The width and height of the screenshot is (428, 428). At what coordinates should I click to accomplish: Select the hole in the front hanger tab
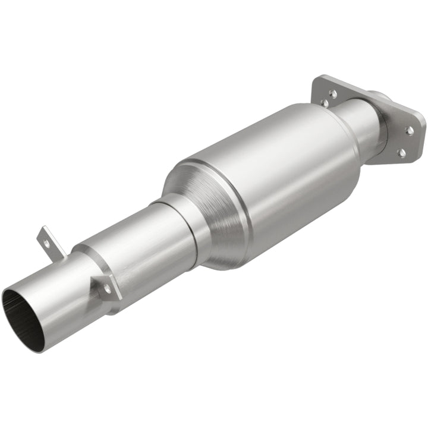(108, 288)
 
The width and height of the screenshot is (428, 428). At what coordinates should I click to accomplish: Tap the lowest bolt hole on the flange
(402, 153)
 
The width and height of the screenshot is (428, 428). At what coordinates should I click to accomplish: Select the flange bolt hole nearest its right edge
(410, 130)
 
